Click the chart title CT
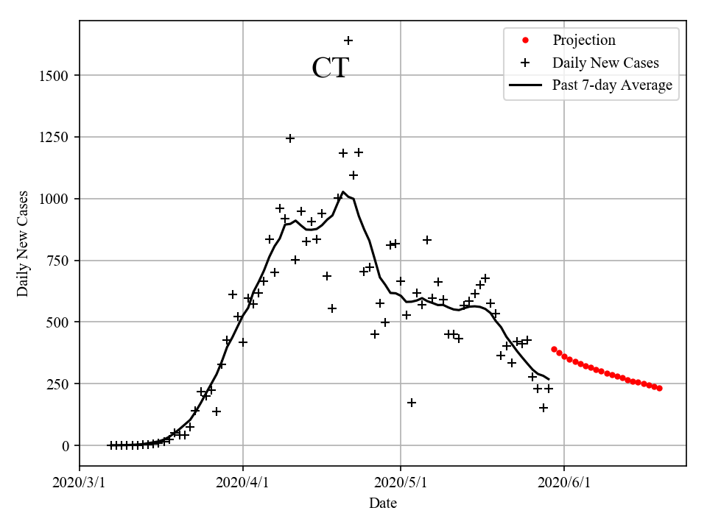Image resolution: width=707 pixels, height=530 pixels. (330, 68)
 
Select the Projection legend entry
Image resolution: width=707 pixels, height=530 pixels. (584, 40)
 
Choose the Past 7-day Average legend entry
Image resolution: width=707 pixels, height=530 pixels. (612, 85)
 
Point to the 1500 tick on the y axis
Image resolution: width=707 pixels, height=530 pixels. (57, 76)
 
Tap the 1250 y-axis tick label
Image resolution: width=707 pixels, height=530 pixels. (57, 138)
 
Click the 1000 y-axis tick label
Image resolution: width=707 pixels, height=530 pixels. (57, 199)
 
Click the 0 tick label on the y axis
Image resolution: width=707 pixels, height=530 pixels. (66, 446)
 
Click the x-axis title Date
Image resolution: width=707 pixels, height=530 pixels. (383, 504)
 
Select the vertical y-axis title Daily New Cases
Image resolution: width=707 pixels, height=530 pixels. (23, 244)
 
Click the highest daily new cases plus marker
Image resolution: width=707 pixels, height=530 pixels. (348, 40)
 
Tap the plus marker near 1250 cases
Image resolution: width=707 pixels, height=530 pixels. (290, 138)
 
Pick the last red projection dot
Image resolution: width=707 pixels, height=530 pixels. (659, 388)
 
